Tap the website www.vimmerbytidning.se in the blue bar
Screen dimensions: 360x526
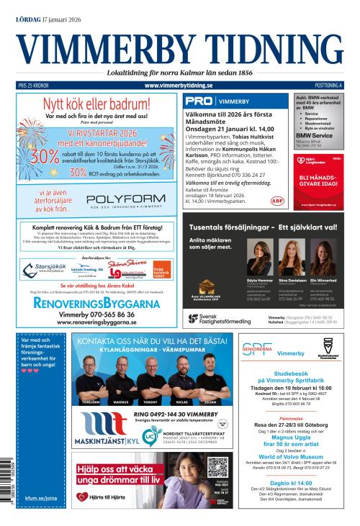pyautogui.click(x=180, y=86)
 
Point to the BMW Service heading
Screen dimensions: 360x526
pyautogui.click(x=314, y=135)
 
